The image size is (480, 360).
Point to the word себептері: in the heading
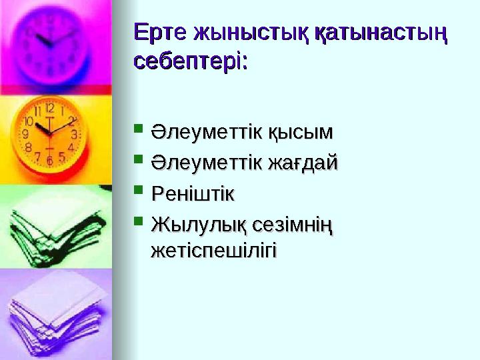(x=191, y=61)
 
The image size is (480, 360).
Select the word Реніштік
(x=193, y=195)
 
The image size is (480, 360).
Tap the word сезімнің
(x=291, y=225)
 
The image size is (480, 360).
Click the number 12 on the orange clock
(x=50, y=107)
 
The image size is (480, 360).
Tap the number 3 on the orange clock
(x=75, y=134)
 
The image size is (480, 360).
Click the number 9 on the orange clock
(x=25, y=134)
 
